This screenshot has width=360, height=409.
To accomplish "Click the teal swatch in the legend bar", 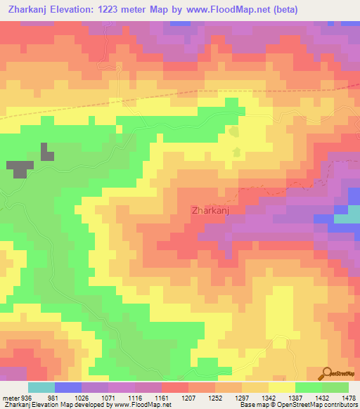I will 41,387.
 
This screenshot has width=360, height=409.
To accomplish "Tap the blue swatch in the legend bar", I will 67,387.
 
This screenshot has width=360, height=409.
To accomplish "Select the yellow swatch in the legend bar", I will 281,387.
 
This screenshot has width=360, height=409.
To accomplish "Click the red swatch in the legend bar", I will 174,387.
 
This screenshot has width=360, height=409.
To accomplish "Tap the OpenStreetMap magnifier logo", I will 326,373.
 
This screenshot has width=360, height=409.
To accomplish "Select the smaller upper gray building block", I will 46,151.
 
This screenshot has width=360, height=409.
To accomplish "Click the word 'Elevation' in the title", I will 79,10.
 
